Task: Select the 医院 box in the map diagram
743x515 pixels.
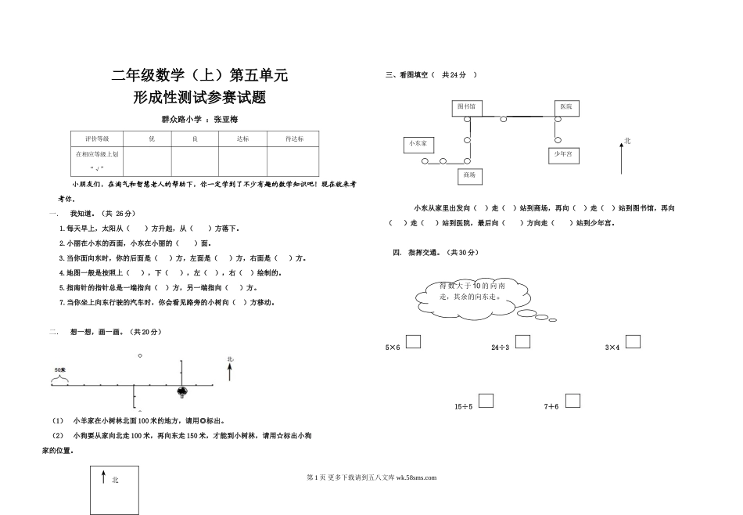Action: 565,106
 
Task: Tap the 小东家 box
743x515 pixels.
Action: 420,143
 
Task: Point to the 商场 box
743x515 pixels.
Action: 469,175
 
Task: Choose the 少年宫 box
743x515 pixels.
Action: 562,155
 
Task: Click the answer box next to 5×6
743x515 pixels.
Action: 414,341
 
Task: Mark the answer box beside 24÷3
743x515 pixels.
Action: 522,341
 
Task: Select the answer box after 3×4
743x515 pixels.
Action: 633,341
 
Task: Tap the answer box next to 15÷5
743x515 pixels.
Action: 486,401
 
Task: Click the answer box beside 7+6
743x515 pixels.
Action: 573,401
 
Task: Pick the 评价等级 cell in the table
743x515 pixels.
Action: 98,139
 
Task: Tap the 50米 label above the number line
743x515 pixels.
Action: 59,369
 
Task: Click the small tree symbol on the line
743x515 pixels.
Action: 182,391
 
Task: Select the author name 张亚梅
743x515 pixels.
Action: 231,119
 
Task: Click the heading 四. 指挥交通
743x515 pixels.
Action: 439,252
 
